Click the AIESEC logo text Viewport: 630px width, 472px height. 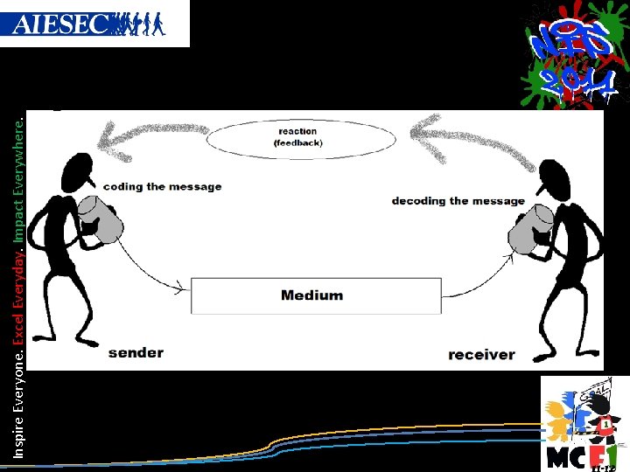pos(61,24)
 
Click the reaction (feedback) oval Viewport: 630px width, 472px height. pos(297,137)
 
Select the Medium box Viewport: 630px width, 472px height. pos(316,295)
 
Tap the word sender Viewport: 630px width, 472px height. pos(136,352)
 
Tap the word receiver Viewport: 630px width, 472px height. pos(481,354)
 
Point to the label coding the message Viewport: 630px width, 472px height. pos(162,186)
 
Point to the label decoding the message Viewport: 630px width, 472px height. pos(458,201)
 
